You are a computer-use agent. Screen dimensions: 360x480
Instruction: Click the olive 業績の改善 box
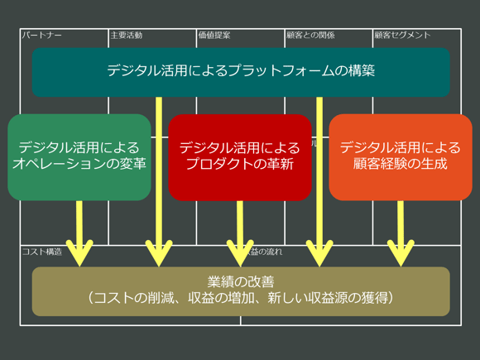point(240,290)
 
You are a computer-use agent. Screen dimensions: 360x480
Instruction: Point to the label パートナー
point(42,36)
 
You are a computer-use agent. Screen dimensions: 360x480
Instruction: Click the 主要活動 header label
point(127,36)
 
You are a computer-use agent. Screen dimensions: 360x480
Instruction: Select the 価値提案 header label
point(214,36)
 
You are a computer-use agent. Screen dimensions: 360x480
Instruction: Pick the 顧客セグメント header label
point(402,36)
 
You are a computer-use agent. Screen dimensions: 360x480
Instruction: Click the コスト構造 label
point(42,252)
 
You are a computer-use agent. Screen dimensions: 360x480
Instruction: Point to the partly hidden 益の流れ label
point(265,252)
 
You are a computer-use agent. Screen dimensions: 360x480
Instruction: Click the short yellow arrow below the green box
point(79,232)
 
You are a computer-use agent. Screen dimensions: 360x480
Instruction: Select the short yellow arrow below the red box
point(240,232)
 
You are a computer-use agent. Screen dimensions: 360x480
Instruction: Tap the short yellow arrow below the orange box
point(401,232)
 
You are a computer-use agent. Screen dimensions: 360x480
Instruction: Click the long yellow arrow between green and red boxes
point(159,182)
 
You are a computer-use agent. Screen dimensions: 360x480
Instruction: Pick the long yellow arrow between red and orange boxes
point(319,182)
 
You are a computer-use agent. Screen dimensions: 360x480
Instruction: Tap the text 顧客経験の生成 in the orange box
point(401,164)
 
